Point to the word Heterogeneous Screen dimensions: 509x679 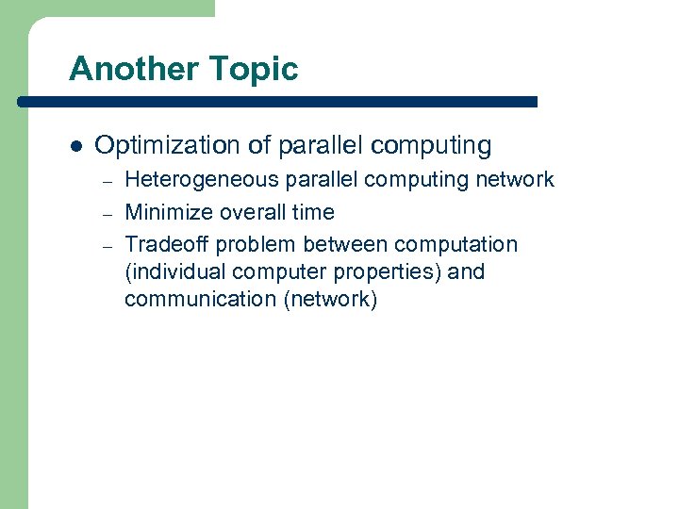[x=194, y=179]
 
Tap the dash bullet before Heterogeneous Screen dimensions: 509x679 [x=108, y=181]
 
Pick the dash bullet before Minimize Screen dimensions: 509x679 [x=108, y=213]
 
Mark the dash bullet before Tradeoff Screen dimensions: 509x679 [x=108, y=246]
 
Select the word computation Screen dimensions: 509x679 [x=456, y=245]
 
